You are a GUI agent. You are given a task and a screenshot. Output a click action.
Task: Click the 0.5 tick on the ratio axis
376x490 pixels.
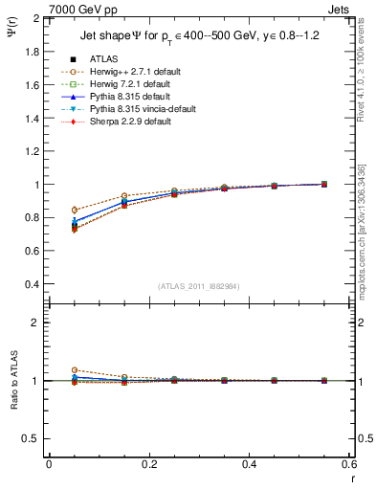point(33,438)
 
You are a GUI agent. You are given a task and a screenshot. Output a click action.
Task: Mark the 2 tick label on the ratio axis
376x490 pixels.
point(37,323)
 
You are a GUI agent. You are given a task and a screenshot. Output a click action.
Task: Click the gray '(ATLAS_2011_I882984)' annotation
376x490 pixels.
point(199,287)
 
